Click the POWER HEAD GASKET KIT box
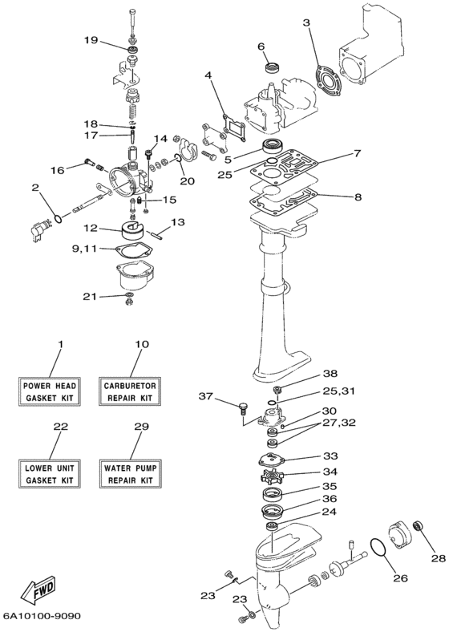coord(49,391)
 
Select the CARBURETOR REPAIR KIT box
coord(130,391)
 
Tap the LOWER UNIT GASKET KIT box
coord(49,473)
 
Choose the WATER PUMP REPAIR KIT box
coord(130,473)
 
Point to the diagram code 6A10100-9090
coord(42,616)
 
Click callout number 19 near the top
coord(91,40)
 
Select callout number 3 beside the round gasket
coord(307,23)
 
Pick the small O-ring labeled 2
coord(58,219)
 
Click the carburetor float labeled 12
coord(132,230)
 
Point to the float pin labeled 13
coord(156,234)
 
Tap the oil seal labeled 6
coord(274,67)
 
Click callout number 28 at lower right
coord(439,558)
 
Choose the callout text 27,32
coord(338,423)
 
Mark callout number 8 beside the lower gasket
coord(358,197)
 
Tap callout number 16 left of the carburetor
coord(58,171)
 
